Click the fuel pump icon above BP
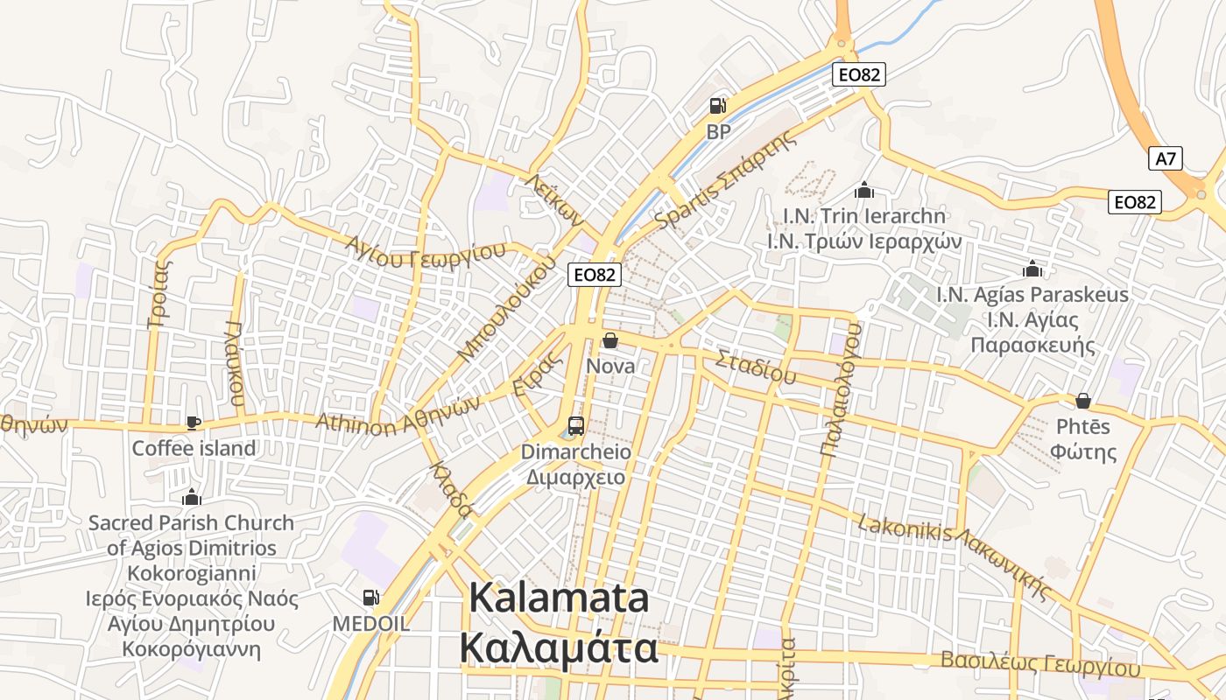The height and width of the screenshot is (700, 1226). (x=717, y=106)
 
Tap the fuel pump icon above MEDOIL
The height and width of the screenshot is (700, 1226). (x=370, y=598)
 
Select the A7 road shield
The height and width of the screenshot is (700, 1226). (x=1166, y=158)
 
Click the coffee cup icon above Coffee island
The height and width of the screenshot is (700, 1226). (x=194, y=423)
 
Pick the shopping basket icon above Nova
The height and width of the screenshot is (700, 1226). (x=609, y=340)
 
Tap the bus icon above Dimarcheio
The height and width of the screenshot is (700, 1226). (x=575, y=426)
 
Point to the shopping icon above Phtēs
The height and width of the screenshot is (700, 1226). (x=1083, y=401)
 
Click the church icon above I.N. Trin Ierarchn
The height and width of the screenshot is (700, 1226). (x=864, y=190)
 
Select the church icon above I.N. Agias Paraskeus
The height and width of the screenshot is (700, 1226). (x=1032, y=269)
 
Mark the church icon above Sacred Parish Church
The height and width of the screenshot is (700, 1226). (x=192, y=498)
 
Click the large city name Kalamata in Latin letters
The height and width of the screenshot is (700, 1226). (x=560, y=598)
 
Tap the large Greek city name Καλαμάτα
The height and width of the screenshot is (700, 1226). (x=559, y=649)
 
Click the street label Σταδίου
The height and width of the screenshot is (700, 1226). (x=756, y=367)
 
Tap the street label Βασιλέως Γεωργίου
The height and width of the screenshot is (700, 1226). (x=1040, y=662)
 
